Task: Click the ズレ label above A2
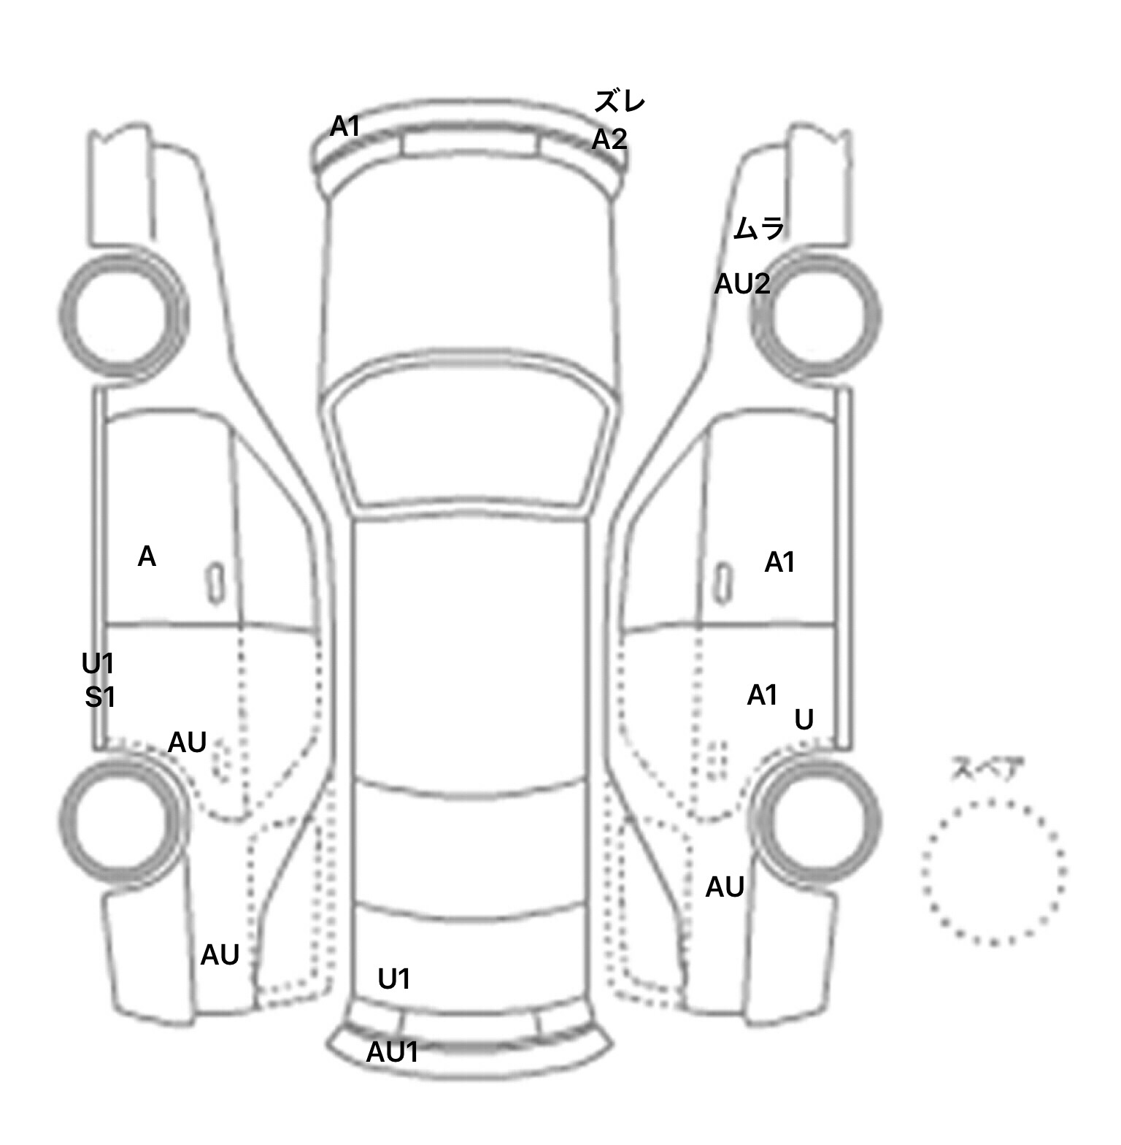click(619, 102)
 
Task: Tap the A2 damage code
click(609, 138)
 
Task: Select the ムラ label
click(758, 229)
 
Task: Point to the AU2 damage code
click(741, 283)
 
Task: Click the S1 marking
click(100, 698)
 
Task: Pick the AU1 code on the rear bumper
click(392, 1052)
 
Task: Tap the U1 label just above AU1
click(393, 979)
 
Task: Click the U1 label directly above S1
click(98, 665)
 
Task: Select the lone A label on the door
click(147, 557)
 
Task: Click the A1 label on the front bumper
click(345, 127)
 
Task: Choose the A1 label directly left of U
click(762, 695)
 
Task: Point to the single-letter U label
click(804, 720)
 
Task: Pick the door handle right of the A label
click(216, 584)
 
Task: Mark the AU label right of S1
click(188, 743)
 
